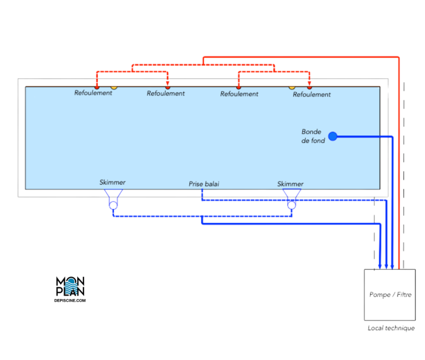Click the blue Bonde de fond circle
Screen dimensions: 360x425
pyautogui.click(x=332, y=136)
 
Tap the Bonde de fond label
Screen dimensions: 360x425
pyautogui.click(x=313, y=136)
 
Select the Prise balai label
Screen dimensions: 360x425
pyautogui.click(x=204, y=183)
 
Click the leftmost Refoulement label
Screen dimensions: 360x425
pyautogui.click(x=93, y=93)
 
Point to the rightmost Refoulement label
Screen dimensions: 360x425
pyautogui.click(x=312, y=95)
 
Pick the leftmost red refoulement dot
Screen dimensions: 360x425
pyautogui.click(x=97, y=88)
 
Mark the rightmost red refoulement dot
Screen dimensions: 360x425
pyautogui.click(x=309, y=88)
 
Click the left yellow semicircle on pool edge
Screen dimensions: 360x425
pyautogui.click(x=114, y=88)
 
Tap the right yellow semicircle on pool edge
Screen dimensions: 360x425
pyautogui.click(x=292, y=88)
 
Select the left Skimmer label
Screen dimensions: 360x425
pyautogui.click(x=112, y=182)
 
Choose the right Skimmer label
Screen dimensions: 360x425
pyautogui.click(x=290, y=184)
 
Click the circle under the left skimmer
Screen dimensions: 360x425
pyautogui.click(x=113, y=204)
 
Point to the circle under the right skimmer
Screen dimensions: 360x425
pyautogui.click(x=292, y=205)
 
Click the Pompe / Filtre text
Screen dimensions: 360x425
pyautogui.click(x=390, y=295)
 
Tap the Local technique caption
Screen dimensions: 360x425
pyautogui.click(x=391, y=328)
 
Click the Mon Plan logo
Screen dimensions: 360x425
pyautogui.click(x=70, y=287)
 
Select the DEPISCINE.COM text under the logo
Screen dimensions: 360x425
pyautogui.click(x=70, y=300)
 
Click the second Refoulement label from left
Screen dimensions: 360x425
pyautogui.click(x=166, y=94)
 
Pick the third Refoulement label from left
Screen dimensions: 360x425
pyautogui.click(x=239, y=94)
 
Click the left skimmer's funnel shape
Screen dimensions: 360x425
pyautogui.click(x=113, y=193)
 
